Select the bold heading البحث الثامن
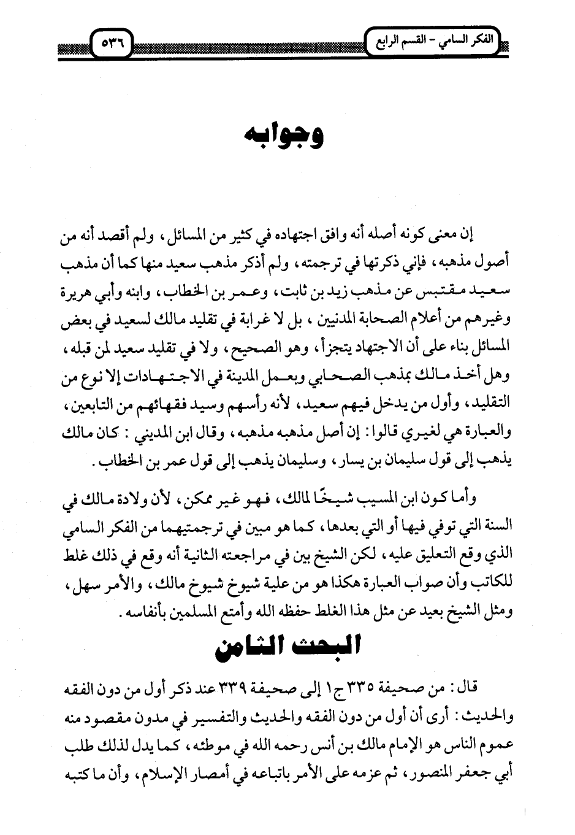click(x=287, y=648)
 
